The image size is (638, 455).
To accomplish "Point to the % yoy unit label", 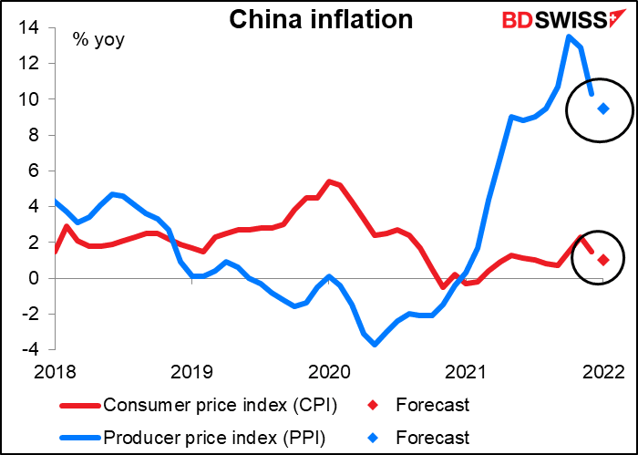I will tap(99, 39).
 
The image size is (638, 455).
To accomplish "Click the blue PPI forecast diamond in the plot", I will tap(603, 109).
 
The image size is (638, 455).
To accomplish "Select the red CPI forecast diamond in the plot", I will tap(603, 260).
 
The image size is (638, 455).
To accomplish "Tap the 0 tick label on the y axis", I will tap(33, 278).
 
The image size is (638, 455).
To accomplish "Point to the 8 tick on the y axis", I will tap(33, 135).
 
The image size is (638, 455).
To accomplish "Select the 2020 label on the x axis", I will tap(328, 372).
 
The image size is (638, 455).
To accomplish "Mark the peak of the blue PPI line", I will tap(569, 36).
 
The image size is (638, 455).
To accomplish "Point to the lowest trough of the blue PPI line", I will tap(375, 344).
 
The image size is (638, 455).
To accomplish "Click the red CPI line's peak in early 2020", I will tap(329, 181).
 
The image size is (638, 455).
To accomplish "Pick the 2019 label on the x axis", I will tap(191, 372).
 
